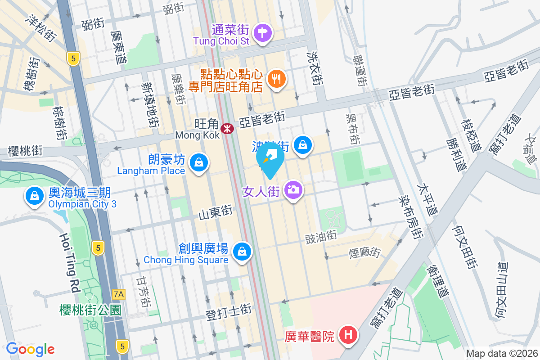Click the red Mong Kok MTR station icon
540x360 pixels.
[x=227, y=128]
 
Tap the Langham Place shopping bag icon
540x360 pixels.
[x=198, y=162]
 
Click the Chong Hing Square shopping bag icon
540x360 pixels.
[x=243, y=251]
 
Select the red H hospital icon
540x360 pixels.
[x=348, y=335]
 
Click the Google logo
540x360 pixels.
[x=30, y=349]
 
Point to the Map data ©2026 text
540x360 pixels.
[x=501, y=353]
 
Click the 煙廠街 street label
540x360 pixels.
[x=365, y=252]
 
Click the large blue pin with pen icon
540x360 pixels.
[x=270, y=160]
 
